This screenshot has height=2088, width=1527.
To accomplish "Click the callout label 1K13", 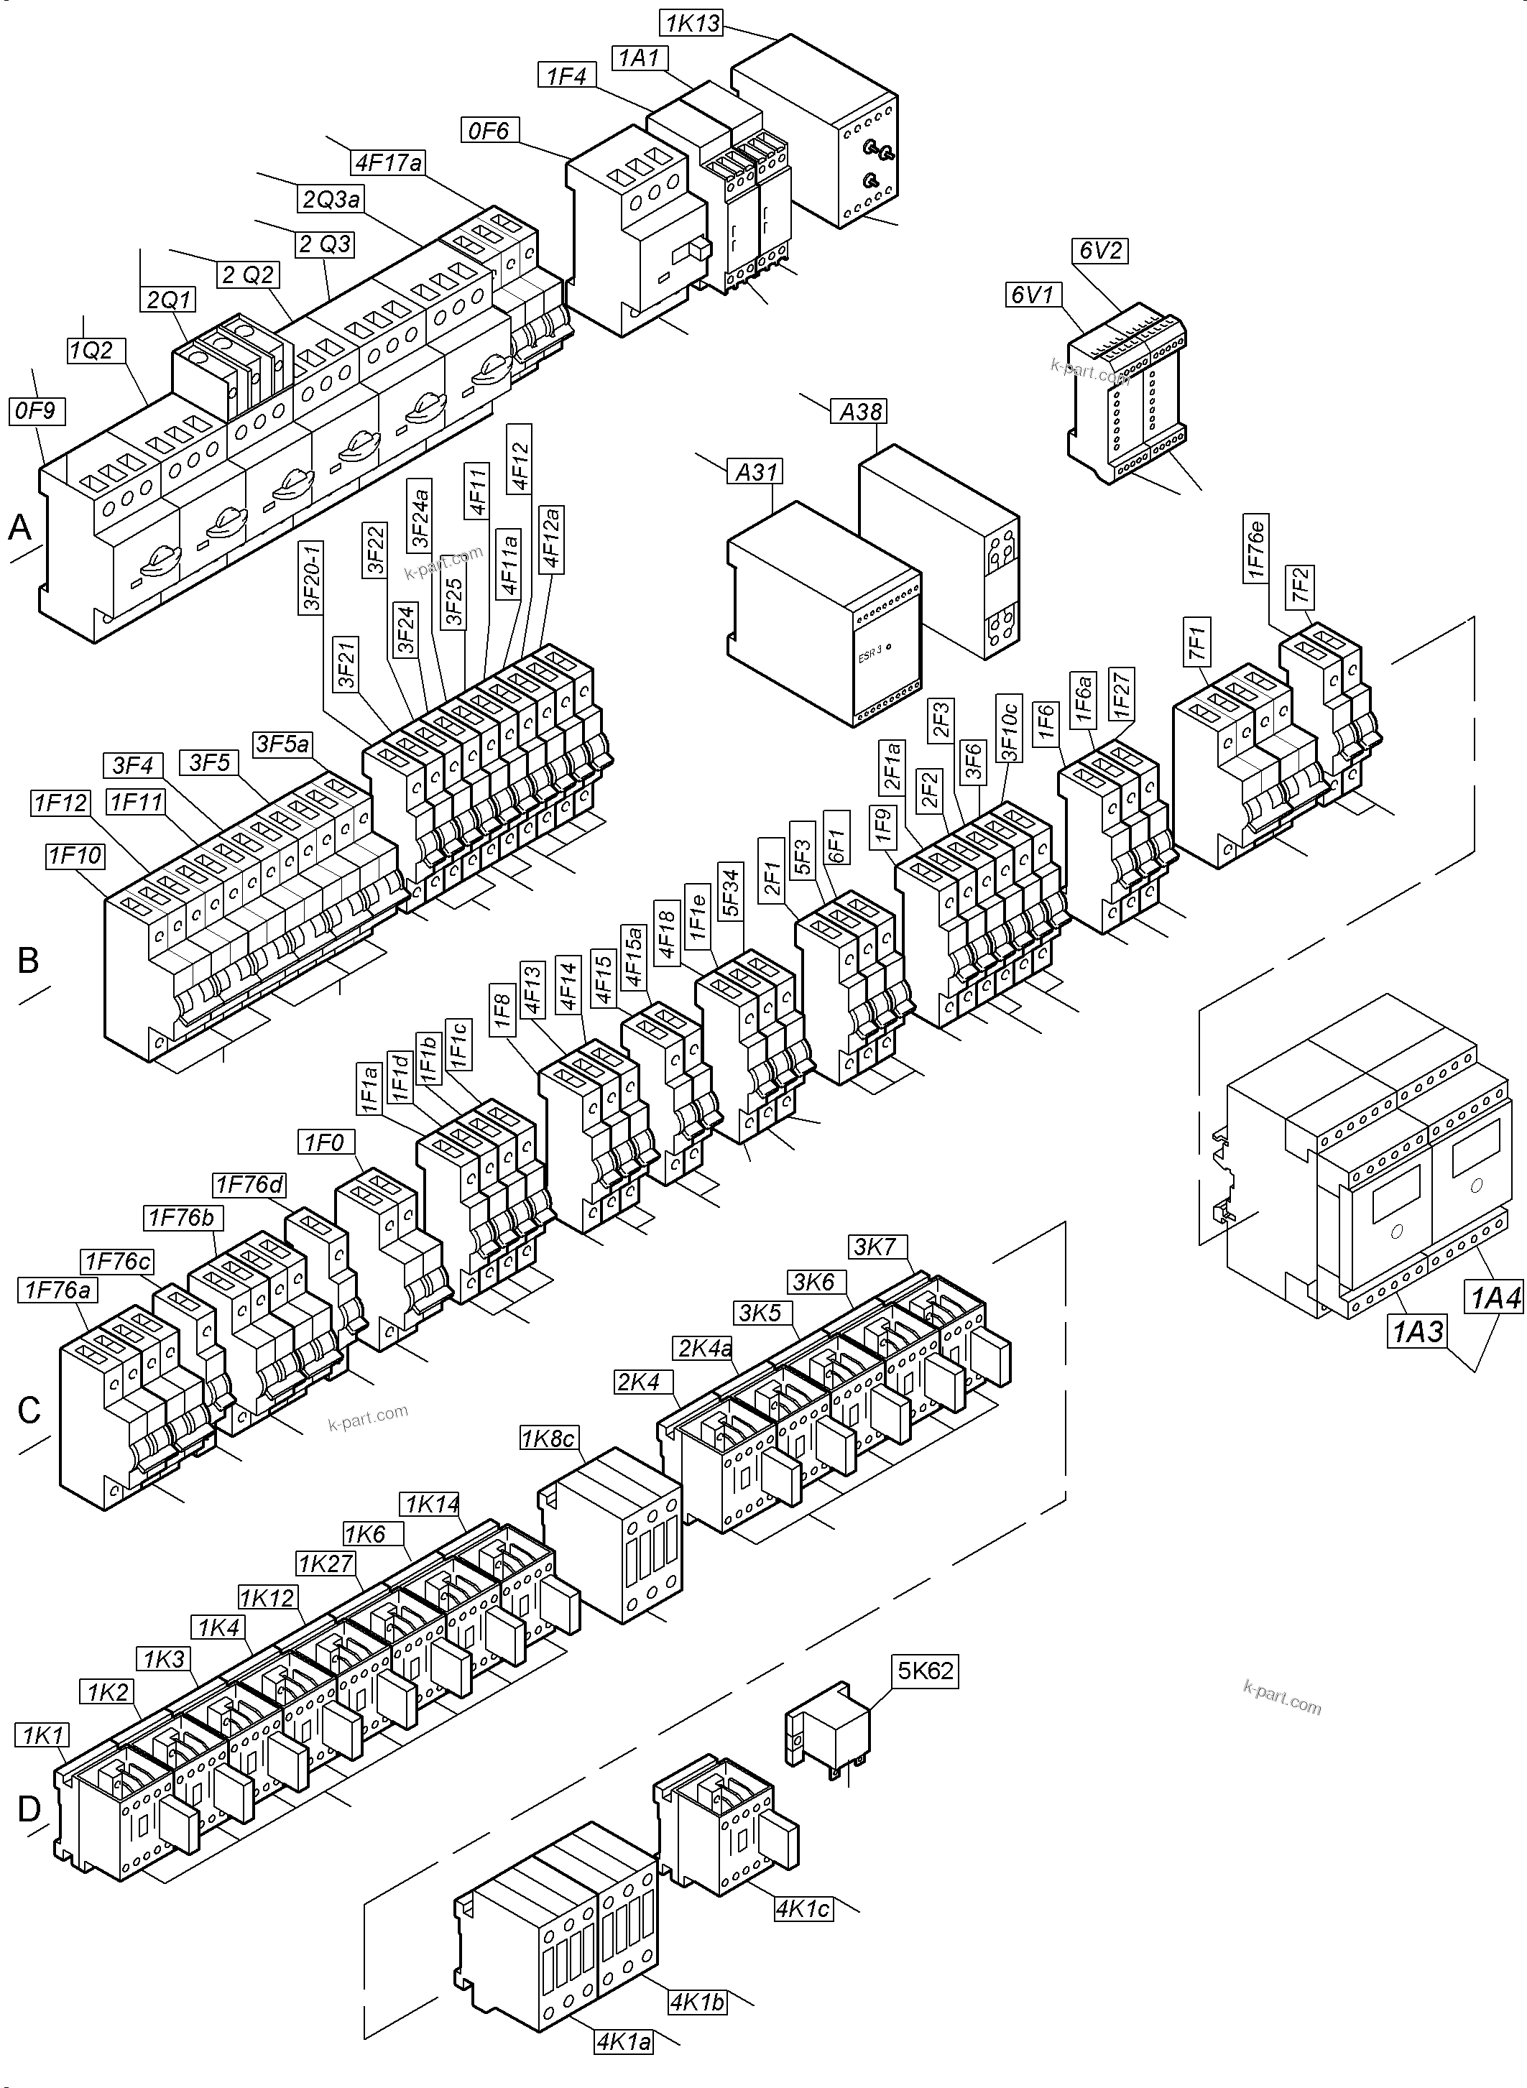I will pyautogui.click(x=692, y=23).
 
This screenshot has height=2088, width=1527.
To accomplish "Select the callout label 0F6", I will pyautogui.click(x=489, y=130).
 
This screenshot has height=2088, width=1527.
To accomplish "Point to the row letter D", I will pyautogui.click(x=29, y=1809).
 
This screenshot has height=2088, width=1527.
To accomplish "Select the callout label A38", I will pyautogui.click(x=859, y=411).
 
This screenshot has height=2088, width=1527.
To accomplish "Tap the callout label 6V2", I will pyautogui.click(x=1101, y=251).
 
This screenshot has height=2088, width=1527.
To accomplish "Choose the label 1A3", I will pyautogui.click(x=1417, y=1332).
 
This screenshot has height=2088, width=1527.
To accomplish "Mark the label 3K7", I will pyautogui.click(x=875, y=1247).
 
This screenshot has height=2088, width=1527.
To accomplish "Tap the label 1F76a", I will pyautogui.click(x=57, y=1290).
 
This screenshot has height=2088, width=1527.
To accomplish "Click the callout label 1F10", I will pyautogui.click(x=75, y=856).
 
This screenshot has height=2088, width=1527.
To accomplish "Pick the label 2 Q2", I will pyautogui.click(x=248, y=274).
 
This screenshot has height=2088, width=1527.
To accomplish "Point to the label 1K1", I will pyautogui.click(x=42, y=1736).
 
